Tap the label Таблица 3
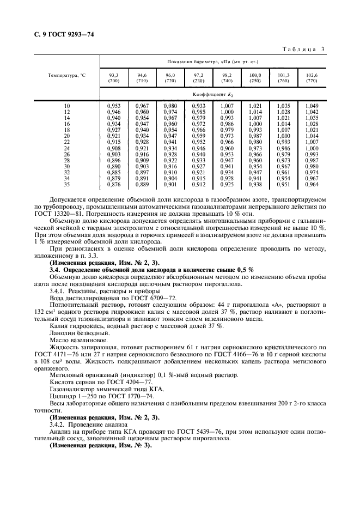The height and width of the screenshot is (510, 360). point(304,50)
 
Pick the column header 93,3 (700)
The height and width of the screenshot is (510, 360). point(114,78)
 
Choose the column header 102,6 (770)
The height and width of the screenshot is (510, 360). point(312,78)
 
